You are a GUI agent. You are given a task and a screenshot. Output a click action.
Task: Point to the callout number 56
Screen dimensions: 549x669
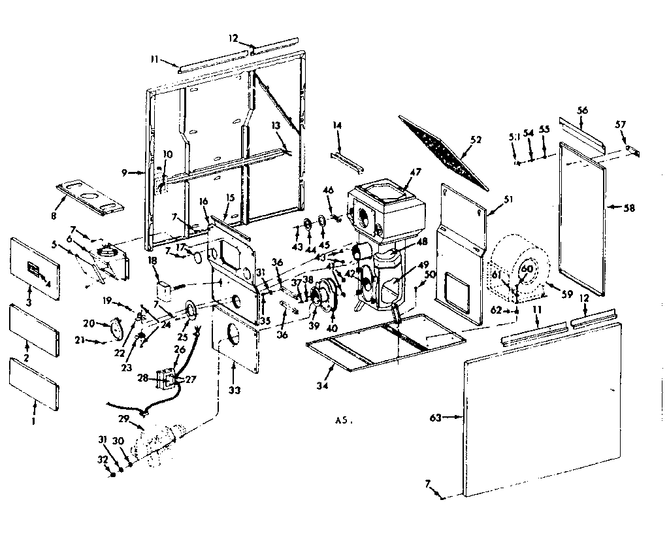pos(582,110)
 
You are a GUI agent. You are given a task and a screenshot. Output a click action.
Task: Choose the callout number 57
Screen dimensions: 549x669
pos(620,125)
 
